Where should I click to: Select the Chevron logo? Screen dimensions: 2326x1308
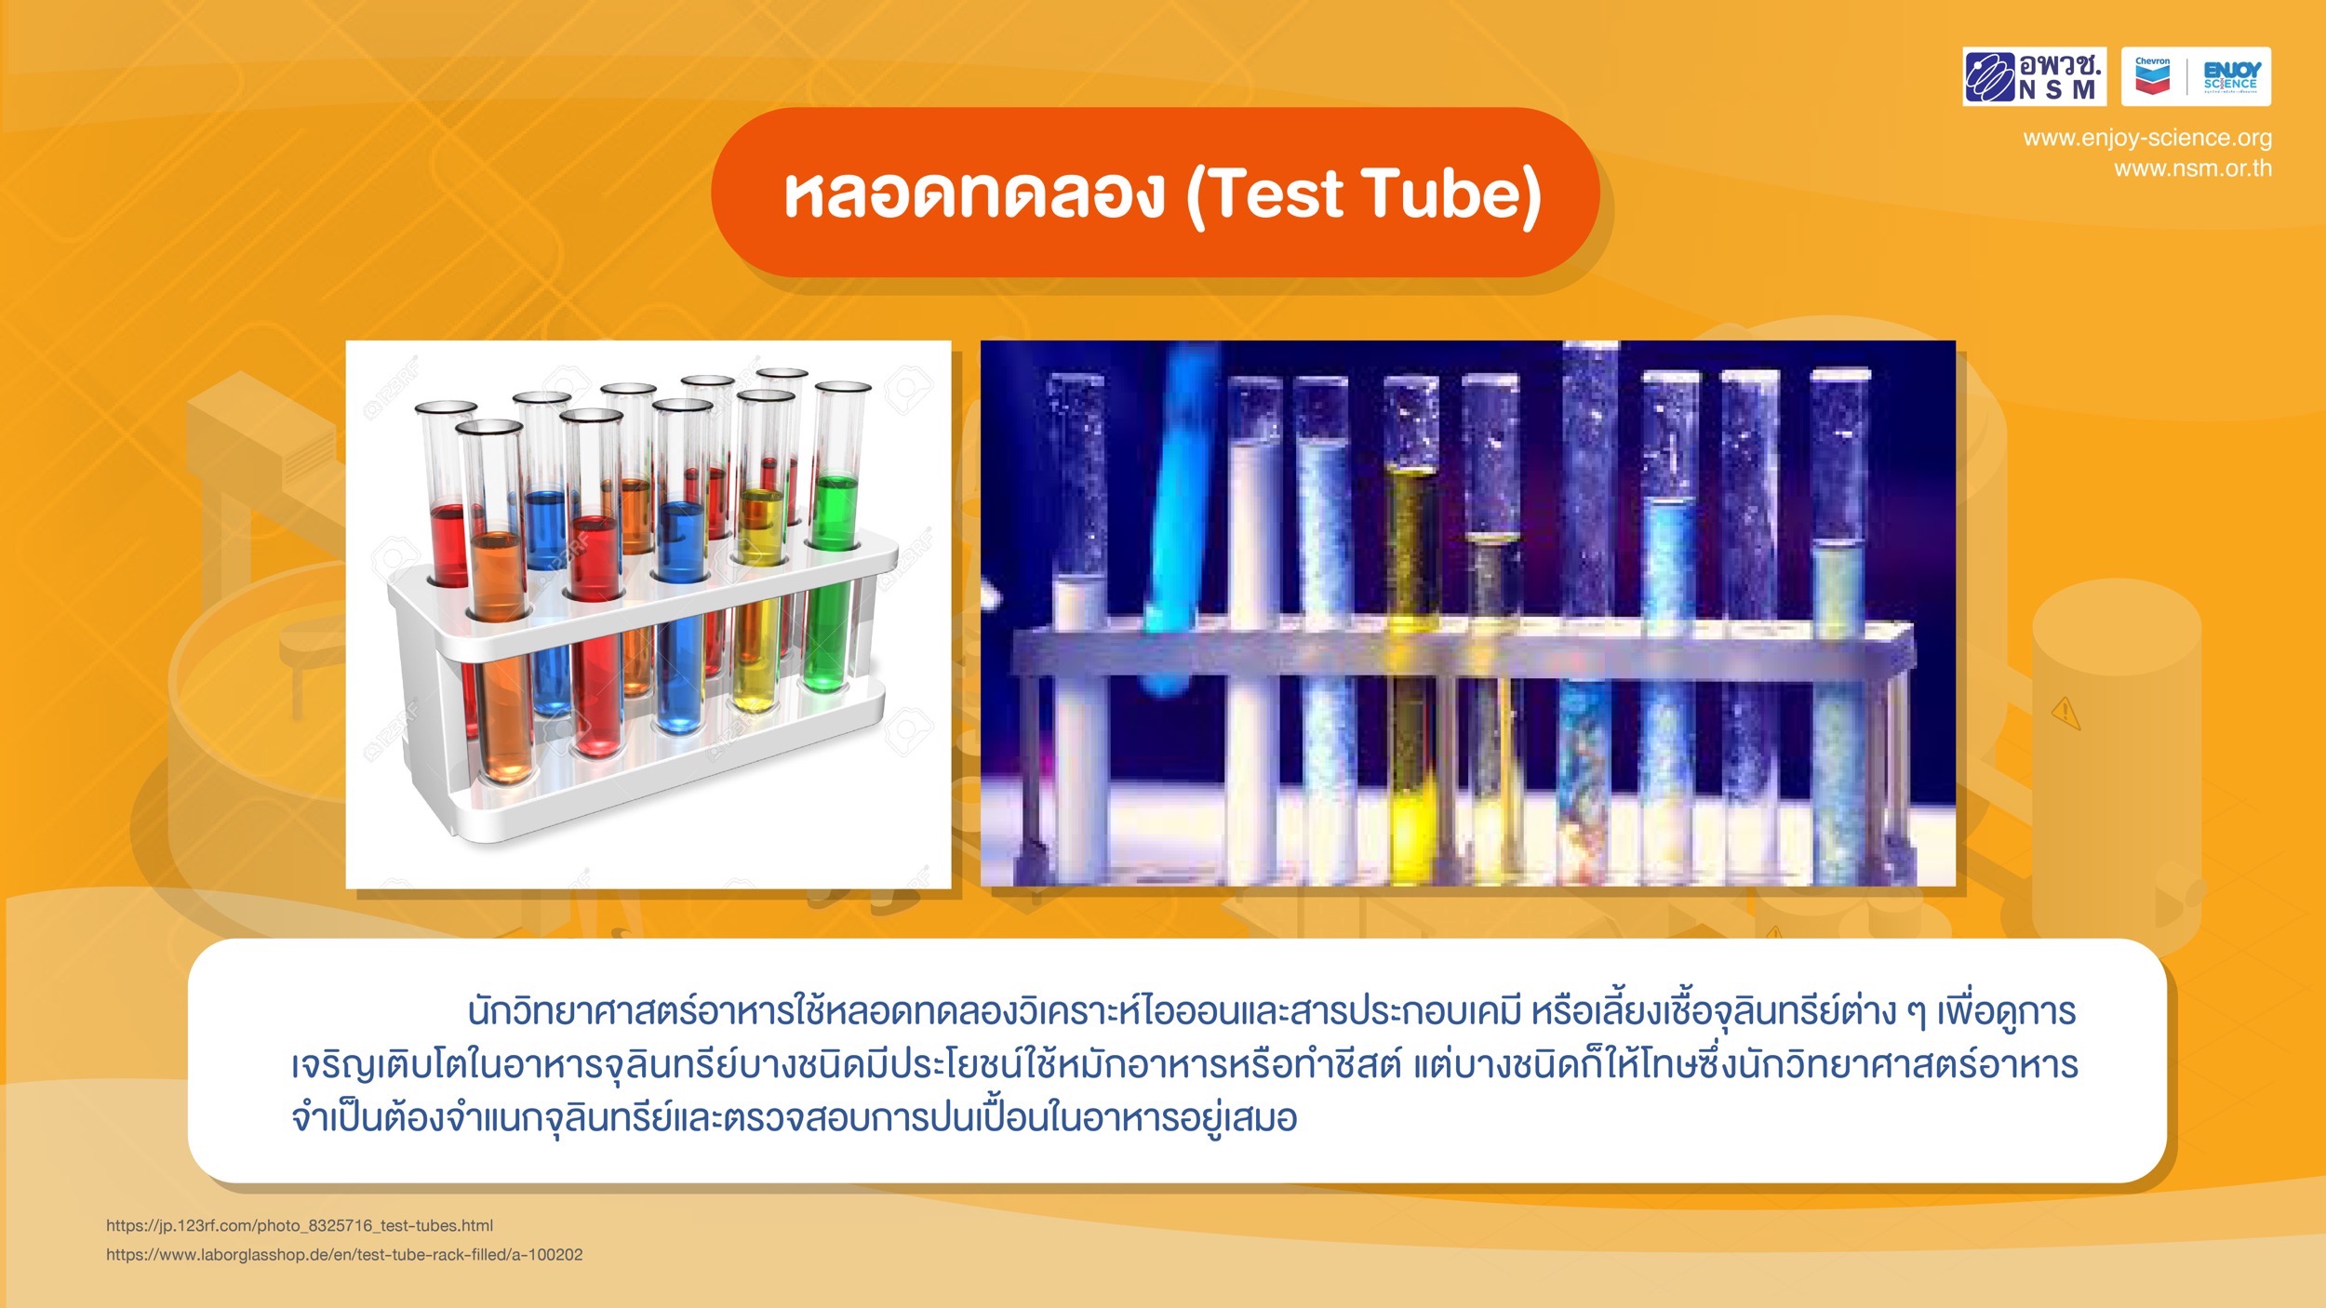pos(2152,76)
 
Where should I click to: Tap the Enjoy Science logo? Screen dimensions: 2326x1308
pos(2230,76)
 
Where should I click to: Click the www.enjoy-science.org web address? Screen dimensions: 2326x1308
pos(2147,138)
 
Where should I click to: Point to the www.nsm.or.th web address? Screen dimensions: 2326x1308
pos(2193,168)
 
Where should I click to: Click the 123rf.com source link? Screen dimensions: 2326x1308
pos(300,1225)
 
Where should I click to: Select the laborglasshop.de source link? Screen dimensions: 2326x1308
pos(344,1254)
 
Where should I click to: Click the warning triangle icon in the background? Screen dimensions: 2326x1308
pos(2066,714)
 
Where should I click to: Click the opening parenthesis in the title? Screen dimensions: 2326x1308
pos(1195,195)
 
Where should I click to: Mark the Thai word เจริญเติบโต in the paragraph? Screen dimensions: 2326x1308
pos(377,1065)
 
